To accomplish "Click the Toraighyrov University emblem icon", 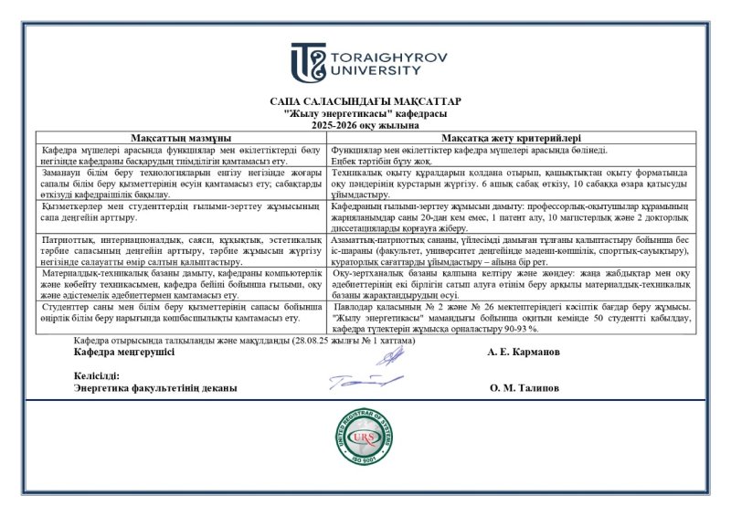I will point(309,62).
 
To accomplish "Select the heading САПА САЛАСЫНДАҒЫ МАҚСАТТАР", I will point(365,101).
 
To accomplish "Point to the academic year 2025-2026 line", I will point(365,124).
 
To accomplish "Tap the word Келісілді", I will point(96,375).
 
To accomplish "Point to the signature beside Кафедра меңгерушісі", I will point(389,356).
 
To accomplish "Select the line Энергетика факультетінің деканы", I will point(155,387).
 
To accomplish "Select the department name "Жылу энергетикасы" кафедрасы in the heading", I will point(365,113).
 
